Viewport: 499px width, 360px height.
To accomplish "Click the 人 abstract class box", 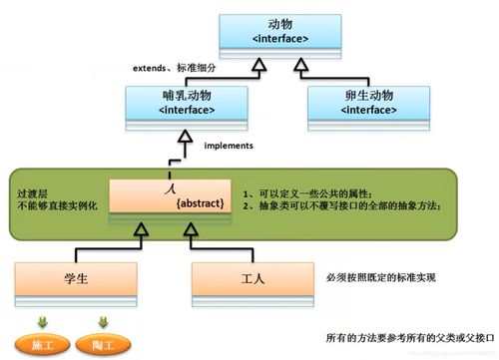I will point(168,195).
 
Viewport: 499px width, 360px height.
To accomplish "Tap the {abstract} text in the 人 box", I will point(198,203).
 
